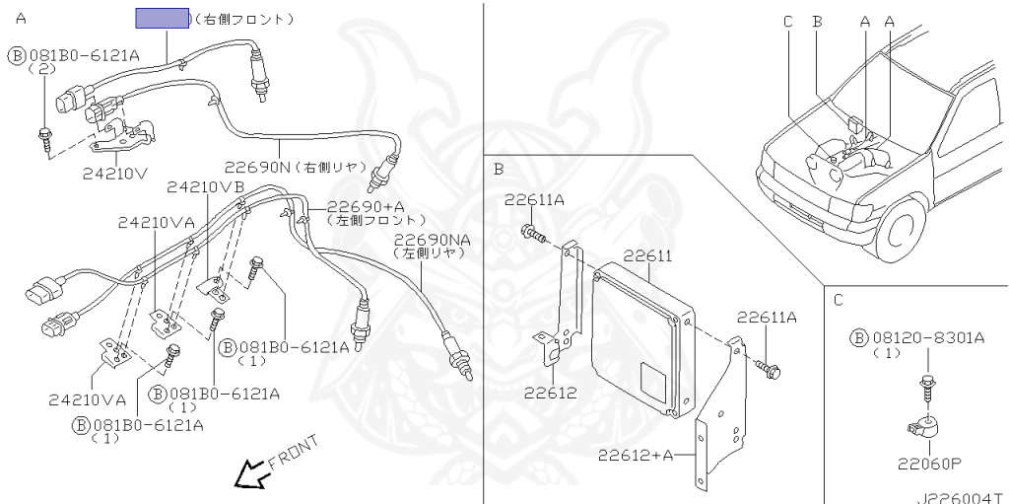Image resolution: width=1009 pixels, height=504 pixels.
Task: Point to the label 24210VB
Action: coord(205,186)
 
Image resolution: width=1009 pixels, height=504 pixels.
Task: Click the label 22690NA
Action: coord(432,240)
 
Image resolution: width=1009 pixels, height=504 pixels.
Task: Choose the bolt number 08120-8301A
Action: coord(927,338)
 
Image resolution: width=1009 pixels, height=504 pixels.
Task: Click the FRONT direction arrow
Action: coord(248,474)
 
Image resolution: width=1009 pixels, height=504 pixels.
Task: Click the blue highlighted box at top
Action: coord(163,17)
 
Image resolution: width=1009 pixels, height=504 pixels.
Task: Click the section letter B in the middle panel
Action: coord(499,169)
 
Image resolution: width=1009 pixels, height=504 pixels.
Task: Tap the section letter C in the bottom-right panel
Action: coord(838,299)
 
